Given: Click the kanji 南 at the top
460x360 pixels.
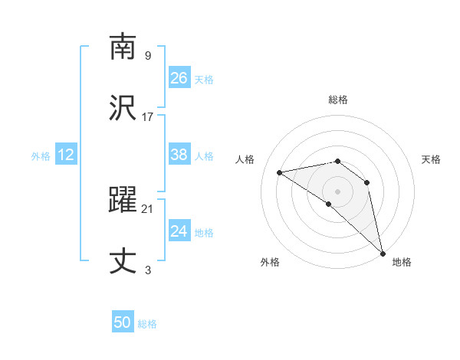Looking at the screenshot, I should (x=123, y=47).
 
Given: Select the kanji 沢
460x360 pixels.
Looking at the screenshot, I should (x=123, y=106).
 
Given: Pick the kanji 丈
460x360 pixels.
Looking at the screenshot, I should (x=123, y=260).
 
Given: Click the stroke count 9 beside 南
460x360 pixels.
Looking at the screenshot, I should (x=148, y=56).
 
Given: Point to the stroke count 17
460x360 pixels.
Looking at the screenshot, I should (x=148, y=116).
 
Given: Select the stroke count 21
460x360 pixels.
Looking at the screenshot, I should (x=148, y=208).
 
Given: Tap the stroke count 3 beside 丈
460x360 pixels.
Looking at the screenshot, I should (x=148, y=270).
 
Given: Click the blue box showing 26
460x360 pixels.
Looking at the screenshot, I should (x=179, y=77).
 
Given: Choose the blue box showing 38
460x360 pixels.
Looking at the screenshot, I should (x=179, y=155).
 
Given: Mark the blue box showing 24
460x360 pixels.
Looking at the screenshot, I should (x=179, y=231).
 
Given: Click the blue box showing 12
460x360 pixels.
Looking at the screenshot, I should (x=66, y=155).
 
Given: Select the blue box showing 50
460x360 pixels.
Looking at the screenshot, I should (x=123, y=322).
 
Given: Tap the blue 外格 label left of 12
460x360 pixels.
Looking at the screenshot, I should (x=41, y=156).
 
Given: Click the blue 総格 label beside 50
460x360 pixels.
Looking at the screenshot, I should (x=147, y=324).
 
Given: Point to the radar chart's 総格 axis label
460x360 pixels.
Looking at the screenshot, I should (x=338, y=100).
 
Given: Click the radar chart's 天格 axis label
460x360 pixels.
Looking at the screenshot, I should (x=431, y=159).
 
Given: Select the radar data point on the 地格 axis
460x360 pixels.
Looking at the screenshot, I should (x=383, y=252).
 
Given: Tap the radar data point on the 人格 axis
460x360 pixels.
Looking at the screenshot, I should (x=280, y=172).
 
